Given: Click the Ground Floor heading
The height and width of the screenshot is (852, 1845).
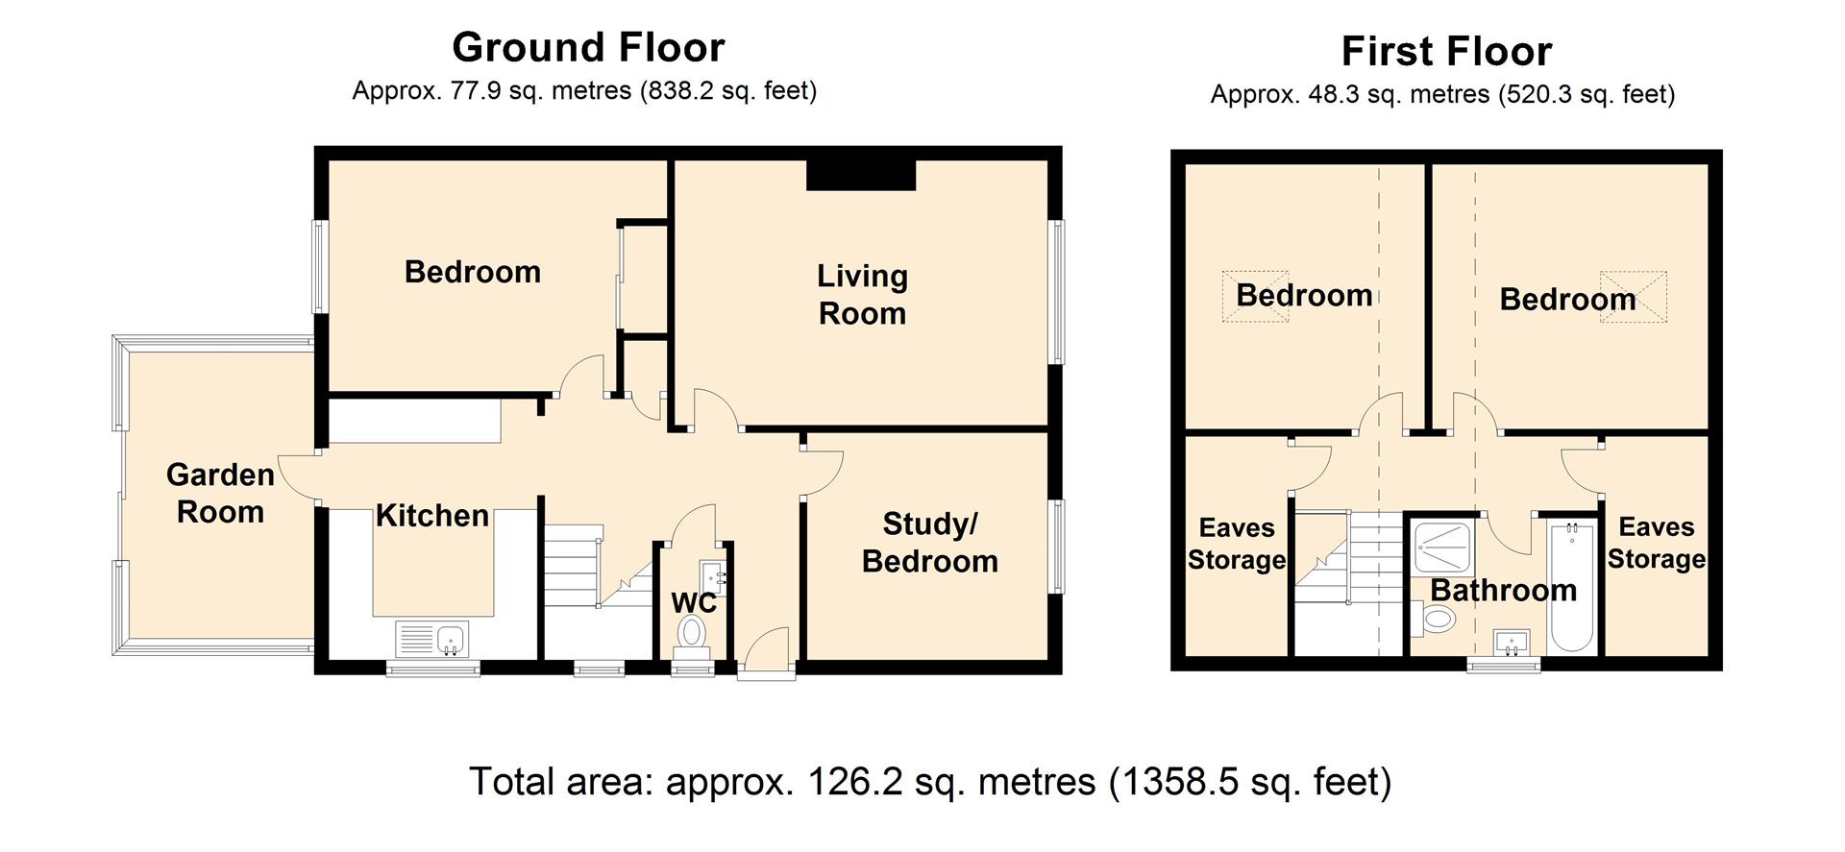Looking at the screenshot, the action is (x=588, y=47).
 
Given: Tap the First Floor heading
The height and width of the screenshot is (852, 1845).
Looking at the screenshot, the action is (x=1446, y=51).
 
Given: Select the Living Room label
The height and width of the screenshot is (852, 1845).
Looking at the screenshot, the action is (x=862, y=294).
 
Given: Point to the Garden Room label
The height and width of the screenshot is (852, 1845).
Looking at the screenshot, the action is (x=220, y=493).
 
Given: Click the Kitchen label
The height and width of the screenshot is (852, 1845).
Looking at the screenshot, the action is (x=431, y=516).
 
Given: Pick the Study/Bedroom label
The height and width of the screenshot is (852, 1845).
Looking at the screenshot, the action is (x=929, y=543).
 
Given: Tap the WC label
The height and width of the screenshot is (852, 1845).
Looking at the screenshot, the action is (x=694, y=603).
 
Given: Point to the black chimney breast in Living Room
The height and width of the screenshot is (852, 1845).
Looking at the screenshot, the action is (x=861, y=175).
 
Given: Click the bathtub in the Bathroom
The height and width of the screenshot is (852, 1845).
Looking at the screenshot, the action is (x=1573, y=588).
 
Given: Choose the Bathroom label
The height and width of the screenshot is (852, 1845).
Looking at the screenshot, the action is (x=1504, y=590).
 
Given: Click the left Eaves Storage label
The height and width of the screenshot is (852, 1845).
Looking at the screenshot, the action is (x=1237, y=544).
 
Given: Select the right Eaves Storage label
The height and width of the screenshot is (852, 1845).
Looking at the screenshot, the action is (x=1656, y=543).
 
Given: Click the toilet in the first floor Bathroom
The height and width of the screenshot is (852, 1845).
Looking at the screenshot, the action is (x=1431, y=619).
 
